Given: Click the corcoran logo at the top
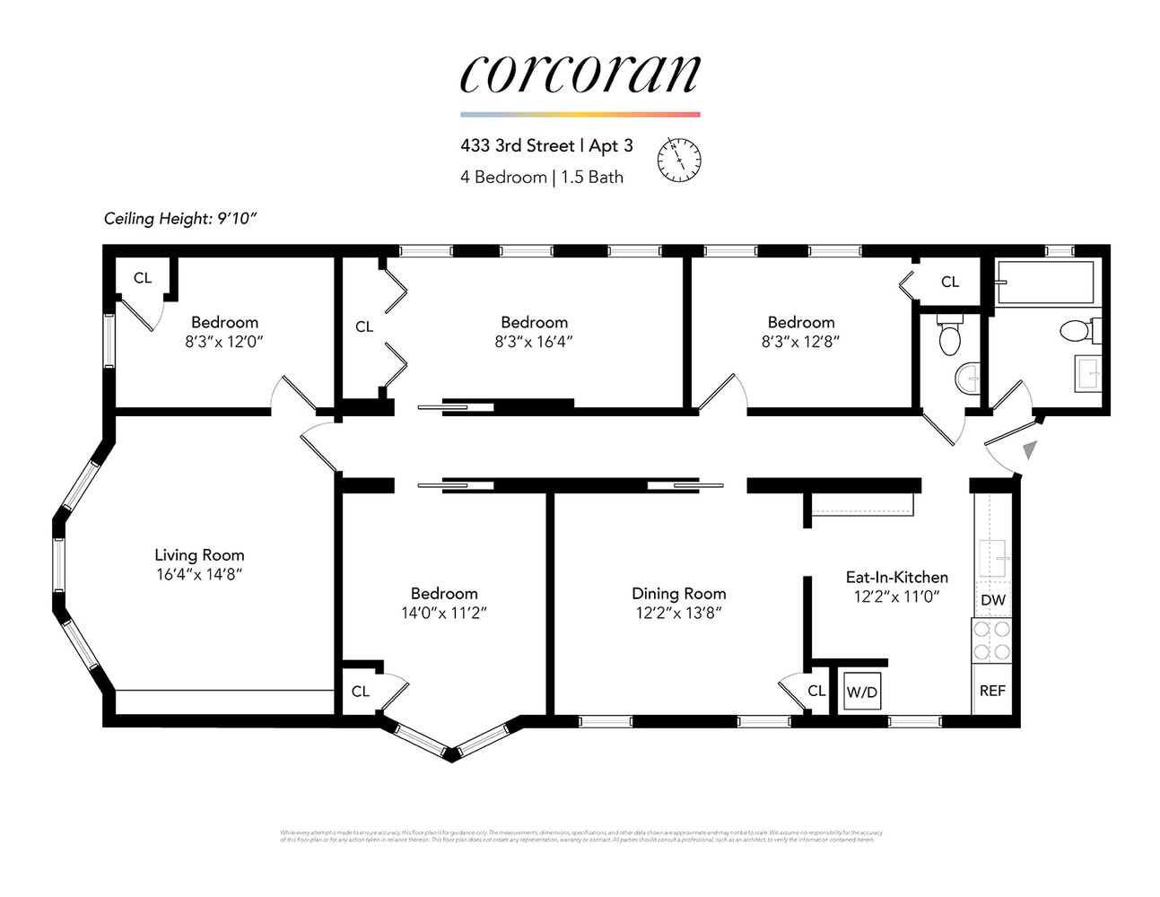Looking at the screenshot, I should pos(580,74).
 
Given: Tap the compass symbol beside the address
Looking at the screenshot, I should pos(679,161).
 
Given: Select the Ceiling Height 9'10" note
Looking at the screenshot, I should pos(180,218).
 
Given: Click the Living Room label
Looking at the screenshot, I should pos(199,555).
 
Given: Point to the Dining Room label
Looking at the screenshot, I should pos(678,593).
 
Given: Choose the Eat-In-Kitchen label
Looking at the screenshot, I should pos(896,577).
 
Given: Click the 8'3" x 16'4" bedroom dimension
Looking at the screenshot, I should pos(534,342).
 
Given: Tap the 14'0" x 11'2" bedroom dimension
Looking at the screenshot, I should pos(443,613).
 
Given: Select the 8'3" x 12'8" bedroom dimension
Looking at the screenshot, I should pos(800,342).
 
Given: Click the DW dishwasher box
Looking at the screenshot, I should pos(993,600).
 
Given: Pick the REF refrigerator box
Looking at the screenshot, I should pos(992,691).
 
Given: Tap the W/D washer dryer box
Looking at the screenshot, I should pos(862,692).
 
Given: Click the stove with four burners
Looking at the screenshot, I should pos(992,640).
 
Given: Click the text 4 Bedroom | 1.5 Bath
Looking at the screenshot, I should pos(541,177).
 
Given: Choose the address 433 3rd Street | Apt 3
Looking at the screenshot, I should pos(546,145).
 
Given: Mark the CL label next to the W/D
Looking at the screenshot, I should pos(816,691).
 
